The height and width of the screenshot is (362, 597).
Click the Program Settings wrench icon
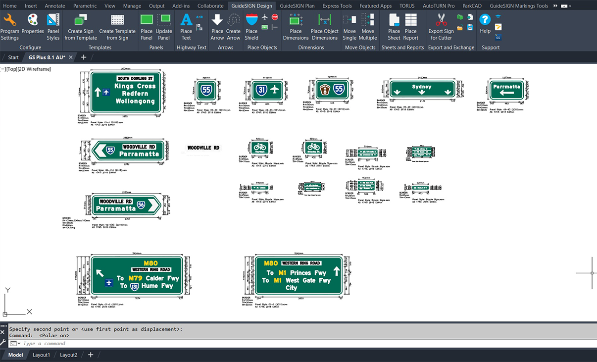tap(9, 20)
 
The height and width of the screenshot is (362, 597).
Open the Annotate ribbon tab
tap(54, 6)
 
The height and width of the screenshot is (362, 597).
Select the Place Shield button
tap(251, 27)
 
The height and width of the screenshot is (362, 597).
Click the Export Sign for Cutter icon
tap(441, 20)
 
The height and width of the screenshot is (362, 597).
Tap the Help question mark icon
tap(485, 20)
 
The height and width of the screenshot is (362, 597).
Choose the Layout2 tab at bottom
tap(69, 355)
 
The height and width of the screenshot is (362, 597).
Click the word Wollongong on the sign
tap(136, 101)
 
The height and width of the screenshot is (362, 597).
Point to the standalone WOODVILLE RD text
tap(203, 148)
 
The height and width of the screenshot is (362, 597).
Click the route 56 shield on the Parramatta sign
tap(142, 205)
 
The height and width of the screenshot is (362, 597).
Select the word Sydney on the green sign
tap(422, 87)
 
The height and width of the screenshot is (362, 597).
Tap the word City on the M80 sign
tap(291, 288)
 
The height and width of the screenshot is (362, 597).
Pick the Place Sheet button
tap(394, 27)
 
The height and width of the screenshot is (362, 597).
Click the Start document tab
tap(13, 57)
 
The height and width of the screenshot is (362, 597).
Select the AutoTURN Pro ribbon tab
tap(439, 6)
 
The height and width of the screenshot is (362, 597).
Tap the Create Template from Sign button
tap(117, 27)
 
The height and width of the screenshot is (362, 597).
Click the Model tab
tap(15, 355)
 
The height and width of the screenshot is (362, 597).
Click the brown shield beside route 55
tap(325, 90)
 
